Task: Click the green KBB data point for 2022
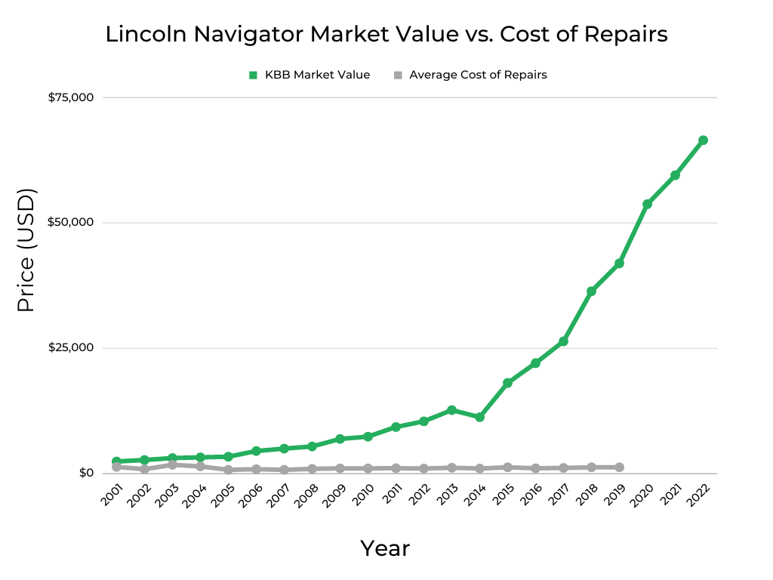coord(703,140)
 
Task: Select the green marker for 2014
coord(479,417)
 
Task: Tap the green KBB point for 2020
coord(647,205)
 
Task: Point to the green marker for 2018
coord(591,292)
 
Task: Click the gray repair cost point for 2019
coord(620,467)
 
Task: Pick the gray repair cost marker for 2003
coord(172,464)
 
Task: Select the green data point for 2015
coord(507,383)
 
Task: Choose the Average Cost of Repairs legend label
coord(478,75)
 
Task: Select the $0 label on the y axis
coord(85,474)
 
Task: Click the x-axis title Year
coord(385,548)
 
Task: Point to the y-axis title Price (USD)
coord(26,250)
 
